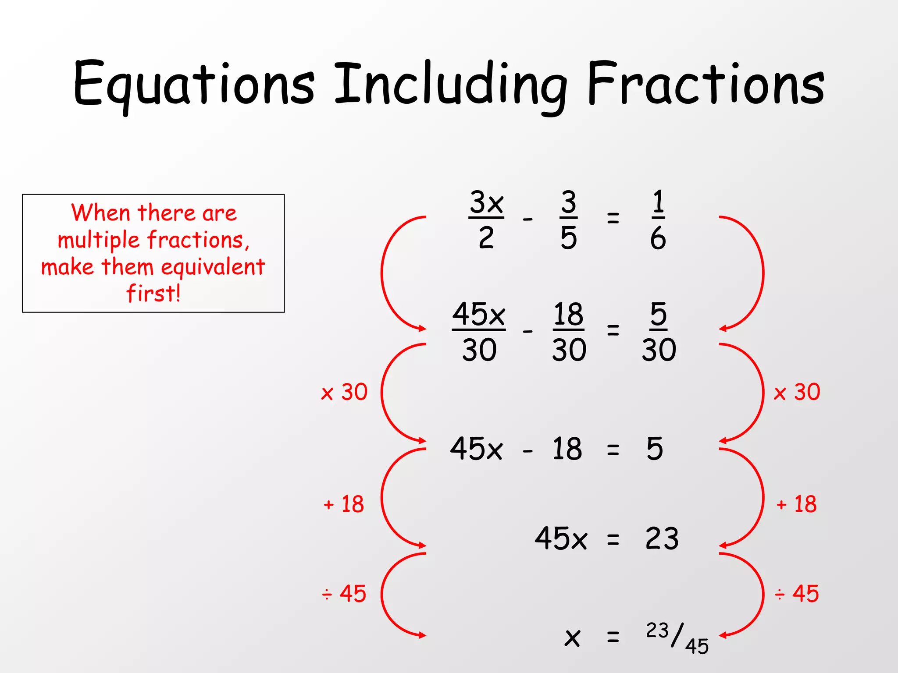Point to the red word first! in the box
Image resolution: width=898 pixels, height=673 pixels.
(153, 293)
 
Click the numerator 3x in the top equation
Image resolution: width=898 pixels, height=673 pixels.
(486, 202)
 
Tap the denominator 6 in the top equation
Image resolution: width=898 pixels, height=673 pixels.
(658, 239)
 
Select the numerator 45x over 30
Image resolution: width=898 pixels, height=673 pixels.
(478, 314)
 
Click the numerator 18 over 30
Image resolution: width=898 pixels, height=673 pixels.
(568, 314)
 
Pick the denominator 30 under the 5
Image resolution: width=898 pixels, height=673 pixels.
(659, 350)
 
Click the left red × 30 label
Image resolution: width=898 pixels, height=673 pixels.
(344, 392)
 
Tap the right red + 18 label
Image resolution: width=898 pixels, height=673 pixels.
(796, 504)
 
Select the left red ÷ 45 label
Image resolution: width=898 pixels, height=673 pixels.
(344, 594)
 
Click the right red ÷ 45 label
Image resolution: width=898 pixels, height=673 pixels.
(797, 594)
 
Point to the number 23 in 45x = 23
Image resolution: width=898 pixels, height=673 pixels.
(662, 538)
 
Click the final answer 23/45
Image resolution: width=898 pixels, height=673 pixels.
(677, 638)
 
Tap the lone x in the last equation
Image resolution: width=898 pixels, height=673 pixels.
(572, 638)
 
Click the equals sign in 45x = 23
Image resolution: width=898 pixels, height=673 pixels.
(613, 540)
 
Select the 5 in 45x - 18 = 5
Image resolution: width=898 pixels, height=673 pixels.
(655, 449)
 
